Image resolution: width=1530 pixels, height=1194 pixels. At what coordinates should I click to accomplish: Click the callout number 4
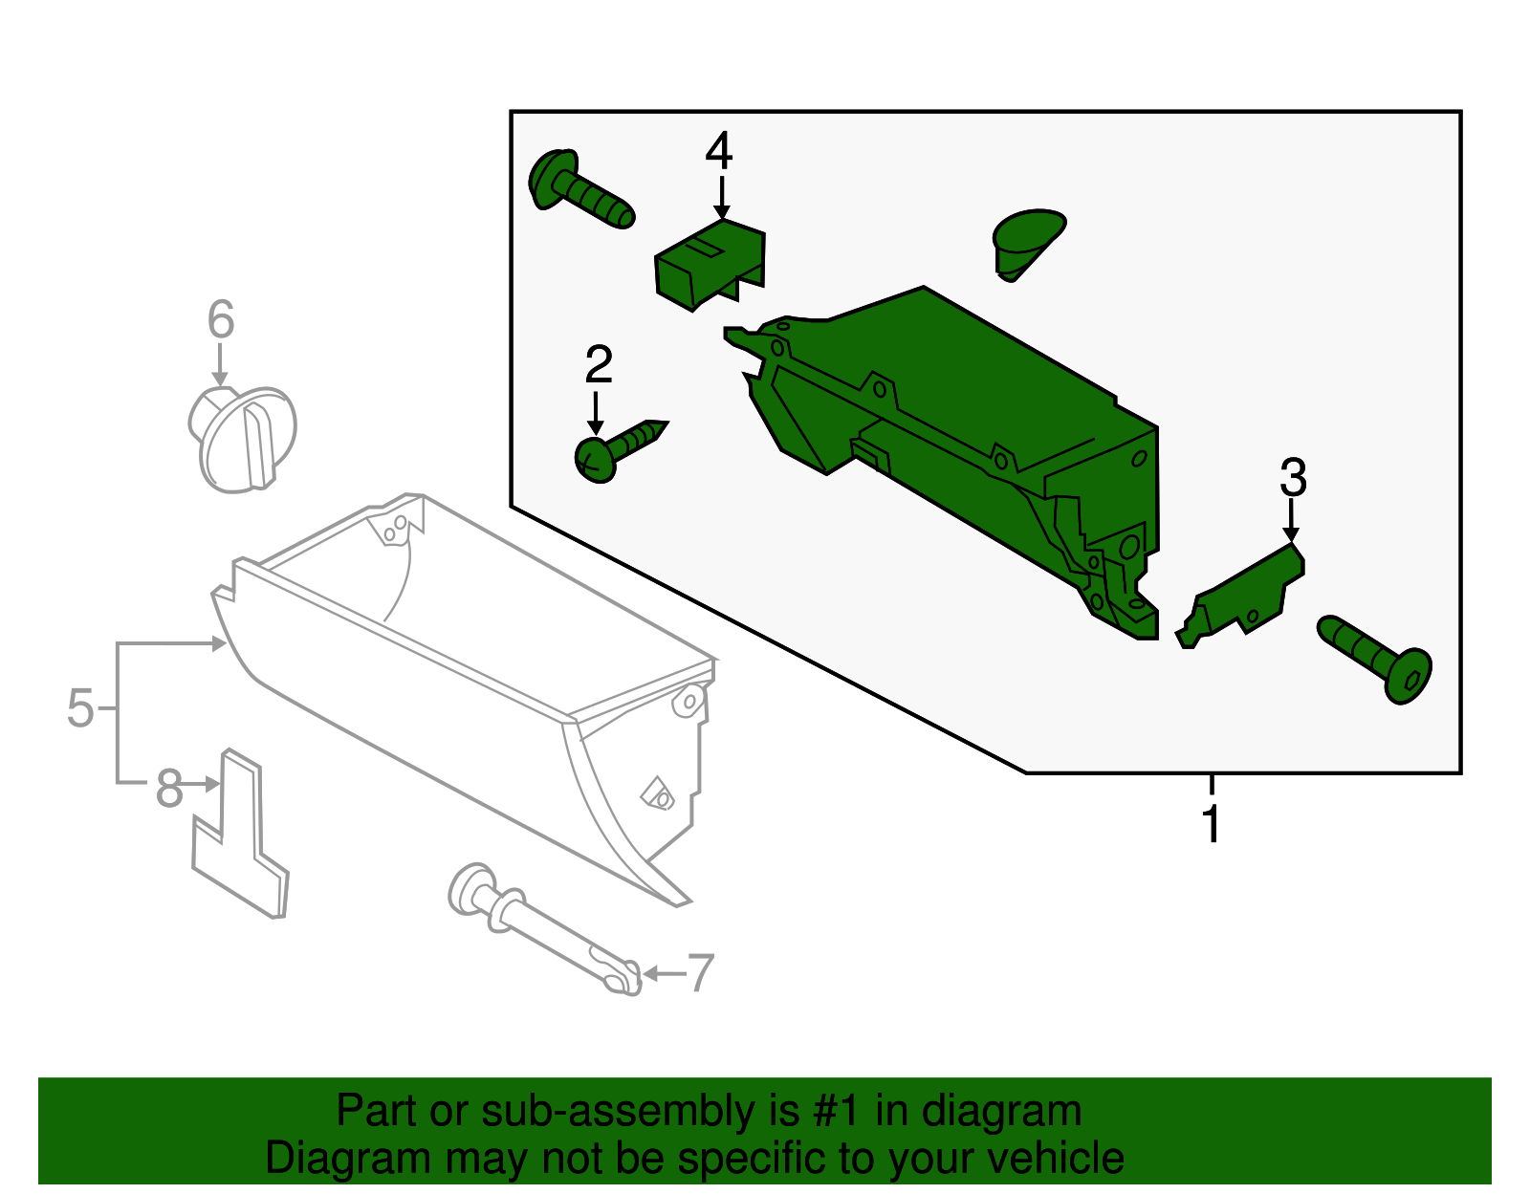click(719, 151)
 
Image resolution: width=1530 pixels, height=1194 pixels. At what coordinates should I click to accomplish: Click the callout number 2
click(598, 365)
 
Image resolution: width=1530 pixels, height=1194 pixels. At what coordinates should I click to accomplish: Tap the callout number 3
click(1293, 478)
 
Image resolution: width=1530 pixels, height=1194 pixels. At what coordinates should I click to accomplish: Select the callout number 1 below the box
click(1211, 824)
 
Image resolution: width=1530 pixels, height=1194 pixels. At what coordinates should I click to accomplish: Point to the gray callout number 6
click(221, 319)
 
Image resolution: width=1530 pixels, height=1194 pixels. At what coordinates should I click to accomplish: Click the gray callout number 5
click(80, 708)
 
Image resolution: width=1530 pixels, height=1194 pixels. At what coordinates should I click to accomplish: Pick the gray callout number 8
click(169, 789)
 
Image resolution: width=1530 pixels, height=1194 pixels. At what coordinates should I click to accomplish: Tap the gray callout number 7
click(701, 973)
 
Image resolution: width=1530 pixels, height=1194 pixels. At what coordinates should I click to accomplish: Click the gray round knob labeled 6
click(243, 440)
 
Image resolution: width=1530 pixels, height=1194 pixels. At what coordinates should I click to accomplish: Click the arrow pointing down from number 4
click(721, 196)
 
